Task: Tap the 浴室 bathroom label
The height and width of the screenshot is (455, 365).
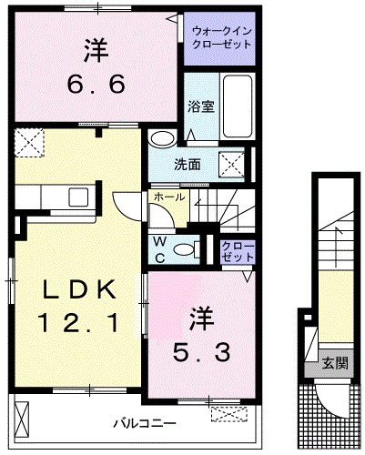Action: pyautogui.click(x=200, y=106)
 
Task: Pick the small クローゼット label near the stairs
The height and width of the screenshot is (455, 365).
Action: pyautogui.click(x=235, y=252)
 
